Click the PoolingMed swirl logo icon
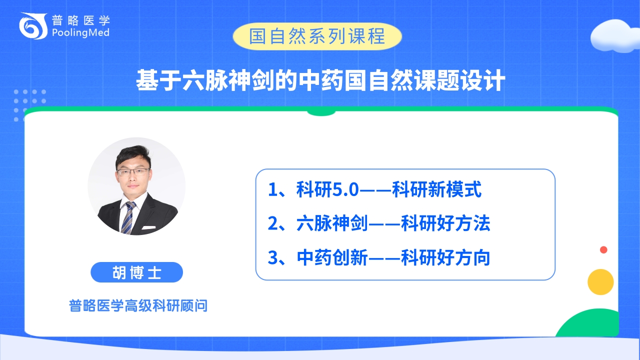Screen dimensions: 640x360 (33, 25)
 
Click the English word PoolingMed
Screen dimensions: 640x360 (80, 33)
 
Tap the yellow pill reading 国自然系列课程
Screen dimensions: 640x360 (317, 36)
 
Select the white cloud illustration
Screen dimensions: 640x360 (615, 36)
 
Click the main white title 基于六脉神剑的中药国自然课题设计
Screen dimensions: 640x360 (320, 80)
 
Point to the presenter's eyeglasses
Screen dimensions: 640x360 (133, 172)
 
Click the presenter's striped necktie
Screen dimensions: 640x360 (128, 217)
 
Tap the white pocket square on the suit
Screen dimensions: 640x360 (148, 227)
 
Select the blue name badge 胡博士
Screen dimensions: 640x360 (136, 272)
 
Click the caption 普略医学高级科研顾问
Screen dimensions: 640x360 (138, 305)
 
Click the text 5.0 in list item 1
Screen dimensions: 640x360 (345, 189)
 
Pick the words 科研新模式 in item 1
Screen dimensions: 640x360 (436, 189)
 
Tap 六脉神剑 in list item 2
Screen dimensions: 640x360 (332, 223)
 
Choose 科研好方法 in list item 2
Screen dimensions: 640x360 (445, 223)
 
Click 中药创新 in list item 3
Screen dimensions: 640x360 (332, 257)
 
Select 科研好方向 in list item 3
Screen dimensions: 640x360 (445, 257)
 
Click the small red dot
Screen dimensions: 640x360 (603, 249)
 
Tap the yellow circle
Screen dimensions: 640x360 (600, 282)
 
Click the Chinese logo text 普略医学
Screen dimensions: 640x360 (81, 20)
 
